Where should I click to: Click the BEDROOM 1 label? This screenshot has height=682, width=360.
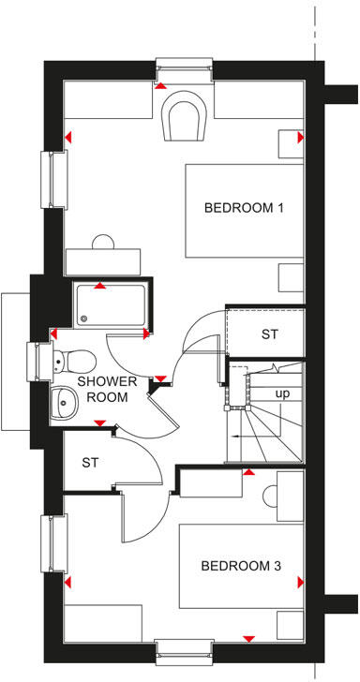(x=244, y=207)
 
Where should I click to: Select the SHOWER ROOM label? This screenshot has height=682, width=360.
(x=107, y=389)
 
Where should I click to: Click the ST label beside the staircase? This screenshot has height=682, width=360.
(x=270, y=334)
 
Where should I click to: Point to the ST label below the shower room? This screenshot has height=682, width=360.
(x=91, y=462)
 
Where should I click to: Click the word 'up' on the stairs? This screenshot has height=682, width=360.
(x=281, y=393)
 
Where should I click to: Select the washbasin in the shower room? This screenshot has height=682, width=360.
(x=64, y=404)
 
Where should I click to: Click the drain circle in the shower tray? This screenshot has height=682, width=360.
(x=82, y=317)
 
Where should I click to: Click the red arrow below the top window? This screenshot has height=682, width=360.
(x=161, y=86)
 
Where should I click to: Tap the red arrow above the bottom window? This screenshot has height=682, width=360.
(x=248, y=638)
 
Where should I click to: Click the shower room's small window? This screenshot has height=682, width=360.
(x=37, y=356)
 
